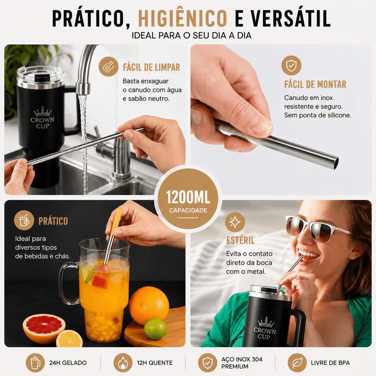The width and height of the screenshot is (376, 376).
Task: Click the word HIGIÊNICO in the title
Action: (182, 18)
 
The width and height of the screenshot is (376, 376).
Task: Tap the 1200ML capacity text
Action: (188, 197)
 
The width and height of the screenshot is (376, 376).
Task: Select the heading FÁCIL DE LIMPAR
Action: (152, 68)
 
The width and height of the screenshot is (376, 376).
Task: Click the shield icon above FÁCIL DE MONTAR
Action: (291, 65)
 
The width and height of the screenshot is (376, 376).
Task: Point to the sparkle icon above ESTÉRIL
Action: (235, 222)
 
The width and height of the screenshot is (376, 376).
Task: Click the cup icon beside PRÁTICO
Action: (24, 220)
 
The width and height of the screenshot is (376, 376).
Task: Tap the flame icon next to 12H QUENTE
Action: (123, 362)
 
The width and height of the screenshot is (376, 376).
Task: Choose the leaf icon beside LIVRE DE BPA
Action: (297, 362)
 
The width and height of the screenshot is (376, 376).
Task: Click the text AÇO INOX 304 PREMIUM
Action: (242, 363)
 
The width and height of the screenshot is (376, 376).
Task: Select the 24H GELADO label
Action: (68, 363)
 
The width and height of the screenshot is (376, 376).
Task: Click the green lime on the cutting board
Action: (155, 328)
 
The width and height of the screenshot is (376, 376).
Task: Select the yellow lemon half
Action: (69, 339)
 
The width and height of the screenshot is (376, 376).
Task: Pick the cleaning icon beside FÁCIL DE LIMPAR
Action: (108, 66)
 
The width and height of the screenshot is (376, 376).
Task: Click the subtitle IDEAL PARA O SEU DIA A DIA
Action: (192, 36)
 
